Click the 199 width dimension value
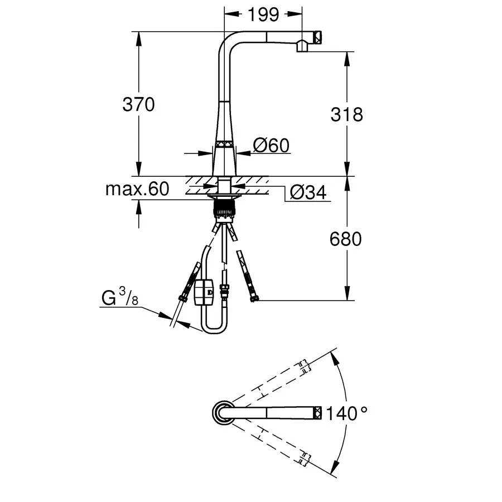[x=263, y=15]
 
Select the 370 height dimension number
[x=138, y=104]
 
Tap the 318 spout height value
[x=347, y=114]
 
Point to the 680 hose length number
[x=346, y=239]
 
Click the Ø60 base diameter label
[x=271, y=146]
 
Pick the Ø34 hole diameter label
[x=308, y=192]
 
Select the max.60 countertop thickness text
[x=137, y=189]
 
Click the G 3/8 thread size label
[x=120, y=297]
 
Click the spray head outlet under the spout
[x=302, y=46]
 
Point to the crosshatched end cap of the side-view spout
[x=317, y=37]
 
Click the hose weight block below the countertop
[x=204, y=292]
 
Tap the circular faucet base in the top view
[x=223, y=413]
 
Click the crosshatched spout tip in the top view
[x=317, y=413]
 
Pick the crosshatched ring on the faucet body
[x=224, y=144]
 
